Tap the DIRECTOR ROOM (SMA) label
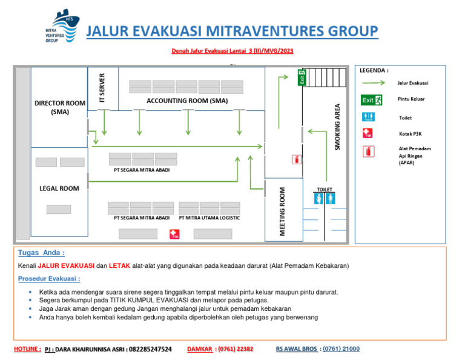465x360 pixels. [x=60, y=107]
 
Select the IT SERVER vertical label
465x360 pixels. [x=102, y=88]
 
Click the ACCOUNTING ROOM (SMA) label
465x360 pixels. [x=187, y=101]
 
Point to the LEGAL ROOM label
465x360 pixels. [x=59, y=188]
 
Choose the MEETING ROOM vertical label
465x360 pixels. [x=282, y=212]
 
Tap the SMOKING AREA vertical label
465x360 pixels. [x=337, y=127]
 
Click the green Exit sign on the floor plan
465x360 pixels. [x=302, y=78]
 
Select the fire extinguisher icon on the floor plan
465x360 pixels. [x=297, y=159]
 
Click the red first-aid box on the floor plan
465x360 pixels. [x=174, y=233]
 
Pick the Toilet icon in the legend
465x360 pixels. [x=368, y=116]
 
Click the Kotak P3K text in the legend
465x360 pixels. [x=410, y=133]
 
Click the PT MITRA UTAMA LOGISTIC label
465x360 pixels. [x=209, y=218]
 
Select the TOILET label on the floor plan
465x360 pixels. [x=325, y=190]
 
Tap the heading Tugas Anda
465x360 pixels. [x=41, y=253]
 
